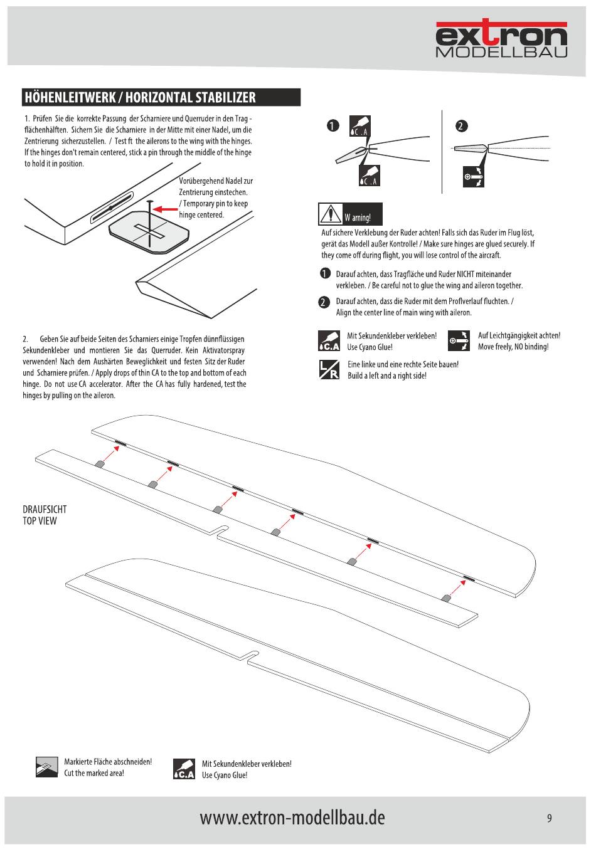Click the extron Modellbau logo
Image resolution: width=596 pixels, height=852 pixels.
pyautogui.click(x=501, y=39)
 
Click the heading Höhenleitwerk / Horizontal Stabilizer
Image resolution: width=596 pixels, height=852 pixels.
pyautogui.click(x=141, y=97)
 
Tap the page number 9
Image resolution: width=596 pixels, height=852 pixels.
pyautogui.click(x=549, y=818)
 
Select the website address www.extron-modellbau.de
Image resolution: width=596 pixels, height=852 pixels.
pyautogui.click(x=292, y=817)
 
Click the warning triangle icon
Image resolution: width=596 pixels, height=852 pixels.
pyautogui.click(x=330, y=214)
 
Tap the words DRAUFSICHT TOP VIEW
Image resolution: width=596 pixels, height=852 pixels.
pyautogui.click(x=45, y=515)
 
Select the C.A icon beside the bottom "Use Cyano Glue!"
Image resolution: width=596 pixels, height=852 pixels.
pyautogui.click(x=183, y=769)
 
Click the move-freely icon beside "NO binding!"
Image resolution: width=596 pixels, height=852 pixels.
pyautogui.click(x=459, y=341)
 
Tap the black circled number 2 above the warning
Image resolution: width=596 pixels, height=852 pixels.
pyautogui.click(x=461, y=126)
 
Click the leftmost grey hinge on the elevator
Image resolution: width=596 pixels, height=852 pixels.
pyautogui.click(x=99, y=464)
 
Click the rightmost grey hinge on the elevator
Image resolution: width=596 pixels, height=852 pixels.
pyautogui.click(x=446, y=597)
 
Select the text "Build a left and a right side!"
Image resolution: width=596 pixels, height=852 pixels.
pyautogui.click(x=387, y=376)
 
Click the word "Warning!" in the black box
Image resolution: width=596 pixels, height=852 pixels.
pyautogui.click(x=358, y=218)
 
